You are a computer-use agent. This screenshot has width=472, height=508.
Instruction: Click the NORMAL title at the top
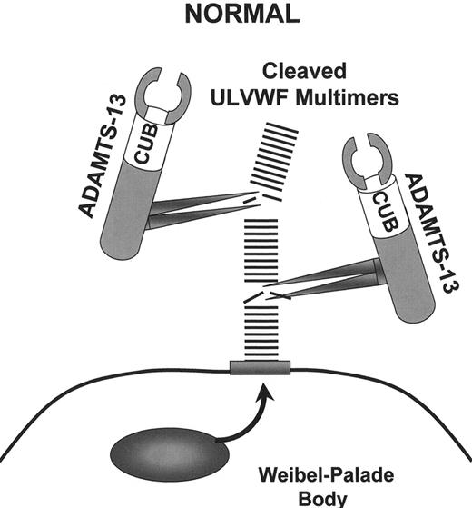click(235, 15)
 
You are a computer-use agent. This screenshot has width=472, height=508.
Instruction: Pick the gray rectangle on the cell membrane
click(260, 368)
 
